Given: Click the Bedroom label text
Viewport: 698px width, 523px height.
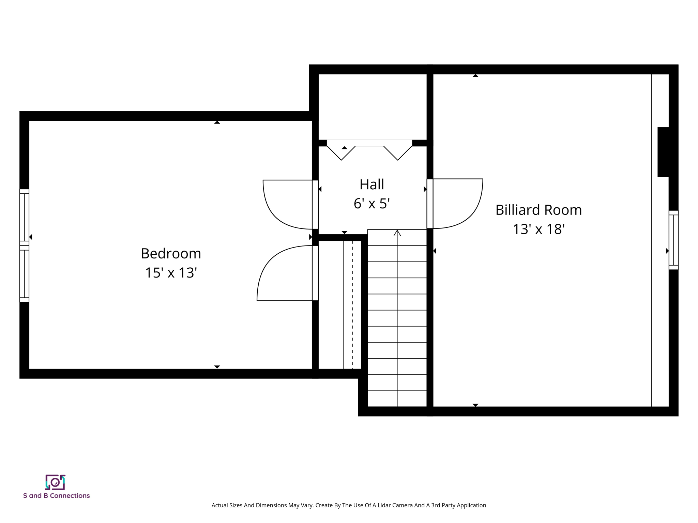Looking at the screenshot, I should pos(171,254).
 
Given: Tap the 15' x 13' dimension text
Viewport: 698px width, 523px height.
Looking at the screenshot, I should pos(171,273).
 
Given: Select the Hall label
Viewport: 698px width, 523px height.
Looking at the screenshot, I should pos(371,185).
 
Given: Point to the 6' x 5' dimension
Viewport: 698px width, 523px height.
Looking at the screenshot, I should pos(371,204).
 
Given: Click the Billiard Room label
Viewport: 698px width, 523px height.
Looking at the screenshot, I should pos(538,210).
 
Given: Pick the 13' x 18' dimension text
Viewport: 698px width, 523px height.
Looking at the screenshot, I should pos(538,229).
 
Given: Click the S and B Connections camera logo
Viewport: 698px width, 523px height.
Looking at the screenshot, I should pos(55,482).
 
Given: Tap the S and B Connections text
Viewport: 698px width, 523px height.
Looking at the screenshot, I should pos(56,496).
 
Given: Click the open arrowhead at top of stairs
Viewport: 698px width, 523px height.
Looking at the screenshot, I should pos(397,233).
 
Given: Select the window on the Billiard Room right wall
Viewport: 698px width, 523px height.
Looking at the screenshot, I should pos(673,240).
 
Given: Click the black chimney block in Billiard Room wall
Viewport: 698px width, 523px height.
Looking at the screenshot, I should pos(663,152).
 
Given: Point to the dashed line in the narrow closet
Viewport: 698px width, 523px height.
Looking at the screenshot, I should pos(352,305).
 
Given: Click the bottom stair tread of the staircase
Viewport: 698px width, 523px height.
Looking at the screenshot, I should pos(397,399).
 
